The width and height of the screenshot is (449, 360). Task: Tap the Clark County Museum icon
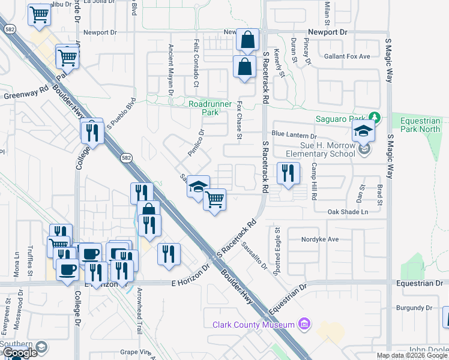coord(304,325)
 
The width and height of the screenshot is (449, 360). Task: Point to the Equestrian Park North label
coord(420,124)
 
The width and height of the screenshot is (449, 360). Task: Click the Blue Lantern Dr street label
coord(294,134)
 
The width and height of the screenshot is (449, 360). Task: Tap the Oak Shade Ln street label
coord(348,212)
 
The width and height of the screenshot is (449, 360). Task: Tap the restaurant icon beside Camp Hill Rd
coord(288,173)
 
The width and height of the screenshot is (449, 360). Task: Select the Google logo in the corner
coord(19,353)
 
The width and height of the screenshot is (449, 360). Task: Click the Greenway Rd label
coord(26,94)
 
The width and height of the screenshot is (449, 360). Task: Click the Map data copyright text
coord(412,355)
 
